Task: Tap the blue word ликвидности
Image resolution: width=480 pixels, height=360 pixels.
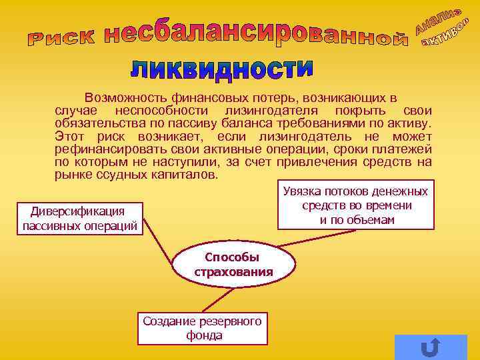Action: coord(221,69)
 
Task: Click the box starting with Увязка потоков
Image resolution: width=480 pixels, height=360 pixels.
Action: coord(355,205)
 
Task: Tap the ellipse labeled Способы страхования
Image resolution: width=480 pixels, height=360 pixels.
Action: coord(233,265)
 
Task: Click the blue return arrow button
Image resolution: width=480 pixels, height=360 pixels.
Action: coord(430,347)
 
